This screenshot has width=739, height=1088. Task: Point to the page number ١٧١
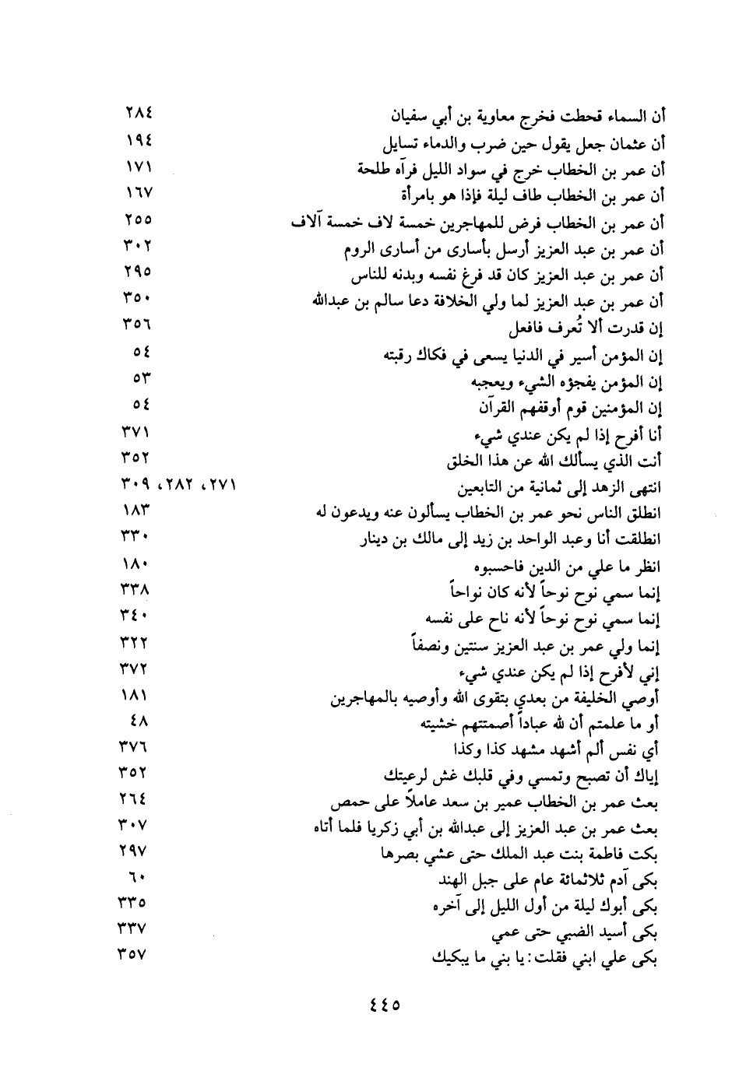[137, 167]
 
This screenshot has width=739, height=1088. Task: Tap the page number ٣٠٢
[137, 247]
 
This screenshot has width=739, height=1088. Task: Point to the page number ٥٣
[141, 380]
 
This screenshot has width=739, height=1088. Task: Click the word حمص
[347, 802]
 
